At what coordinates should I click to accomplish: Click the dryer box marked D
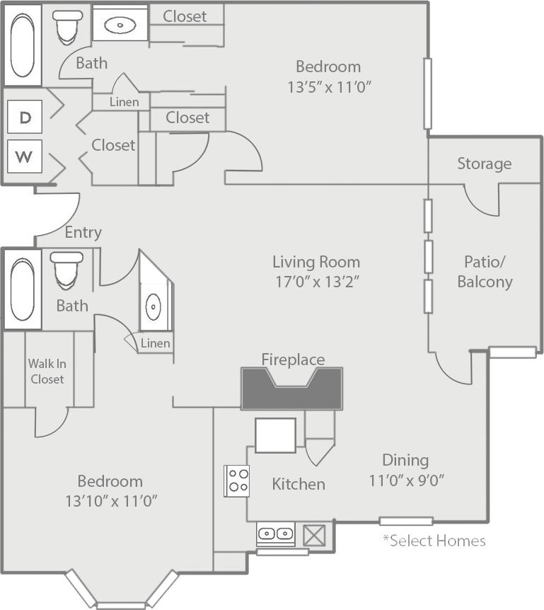tap(25, 117)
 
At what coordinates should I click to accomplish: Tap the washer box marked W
tap(25, 156)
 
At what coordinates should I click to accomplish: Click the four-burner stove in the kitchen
tap(237, 480)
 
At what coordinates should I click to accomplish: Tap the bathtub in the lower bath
tap(22, 289)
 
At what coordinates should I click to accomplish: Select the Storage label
tap(484, 163)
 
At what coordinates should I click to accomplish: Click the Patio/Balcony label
tap(485, 272)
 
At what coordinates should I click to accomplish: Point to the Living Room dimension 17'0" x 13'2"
tap(316, 281)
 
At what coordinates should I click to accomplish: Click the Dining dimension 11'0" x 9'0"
tap(406, 480)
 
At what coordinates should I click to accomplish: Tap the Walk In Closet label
tap(47, 372)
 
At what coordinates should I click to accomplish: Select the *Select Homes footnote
tap(434, 541)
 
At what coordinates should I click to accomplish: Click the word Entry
tap(83, 232)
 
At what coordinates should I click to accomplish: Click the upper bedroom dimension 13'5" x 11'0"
tap(329, 87)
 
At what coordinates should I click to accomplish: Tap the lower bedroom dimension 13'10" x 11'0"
tap(110, 501)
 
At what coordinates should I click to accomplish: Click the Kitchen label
tap(299, 484)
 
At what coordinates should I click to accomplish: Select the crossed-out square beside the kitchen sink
tap(314, 535)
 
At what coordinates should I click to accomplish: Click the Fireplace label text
tap(293, 359)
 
